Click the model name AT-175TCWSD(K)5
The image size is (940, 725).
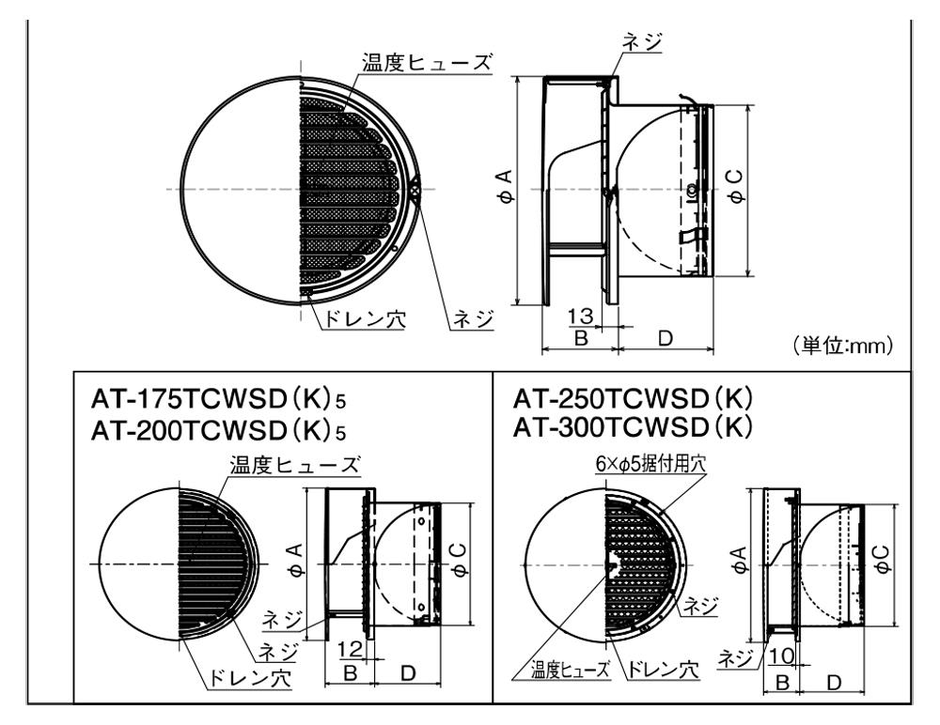pyautogui.click(x=218, y=400)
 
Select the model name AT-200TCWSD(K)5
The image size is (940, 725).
pyautogui.click(x=218, y=430)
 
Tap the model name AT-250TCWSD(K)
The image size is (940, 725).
pyautogui.click(x=633, y=397)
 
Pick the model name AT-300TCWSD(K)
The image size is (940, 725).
pyautogui.click(x=633, y=426)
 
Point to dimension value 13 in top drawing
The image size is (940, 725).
pyautogui.click(x=580, y=316)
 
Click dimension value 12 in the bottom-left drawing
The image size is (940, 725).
pyautogui.click(x=349, y=648)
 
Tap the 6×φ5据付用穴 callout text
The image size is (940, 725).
pyautogui.click(x=650, y=463)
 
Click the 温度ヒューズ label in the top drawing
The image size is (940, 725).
pyautogui.click(x=427, y=62)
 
